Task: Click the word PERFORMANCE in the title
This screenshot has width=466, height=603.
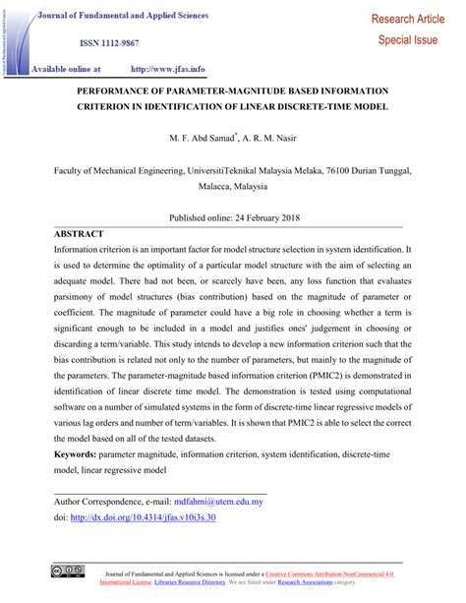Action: [128, 90]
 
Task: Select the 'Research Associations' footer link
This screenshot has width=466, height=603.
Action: [306, 581]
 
